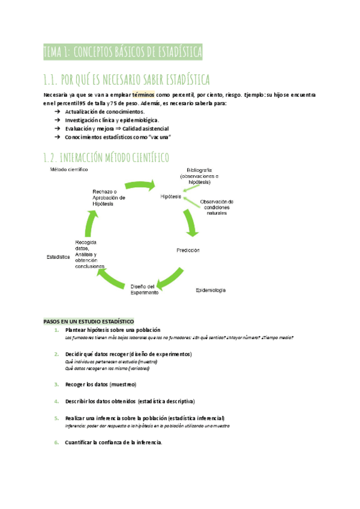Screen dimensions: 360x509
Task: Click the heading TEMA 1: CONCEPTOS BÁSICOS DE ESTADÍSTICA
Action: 123,52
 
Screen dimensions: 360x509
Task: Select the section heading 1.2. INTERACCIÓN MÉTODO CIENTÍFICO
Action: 106,158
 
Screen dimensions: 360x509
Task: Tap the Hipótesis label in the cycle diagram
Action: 171,197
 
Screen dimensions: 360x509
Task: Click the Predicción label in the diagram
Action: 188,250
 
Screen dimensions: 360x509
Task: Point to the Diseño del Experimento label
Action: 145,289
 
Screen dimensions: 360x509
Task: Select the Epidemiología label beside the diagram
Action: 211,291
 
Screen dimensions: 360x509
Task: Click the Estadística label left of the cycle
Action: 58,257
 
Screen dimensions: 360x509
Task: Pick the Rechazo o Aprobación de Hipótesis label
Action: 109,197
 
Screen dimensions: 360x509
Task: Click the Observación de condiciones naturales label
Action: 217,207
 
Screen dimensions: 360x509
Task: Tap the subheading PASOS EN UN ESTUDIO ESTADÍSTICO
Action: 89,321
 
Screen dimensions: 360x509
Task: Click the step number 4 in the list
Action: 56,401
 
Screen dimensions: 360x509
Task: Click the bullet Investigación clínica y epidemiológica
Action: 103,120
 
